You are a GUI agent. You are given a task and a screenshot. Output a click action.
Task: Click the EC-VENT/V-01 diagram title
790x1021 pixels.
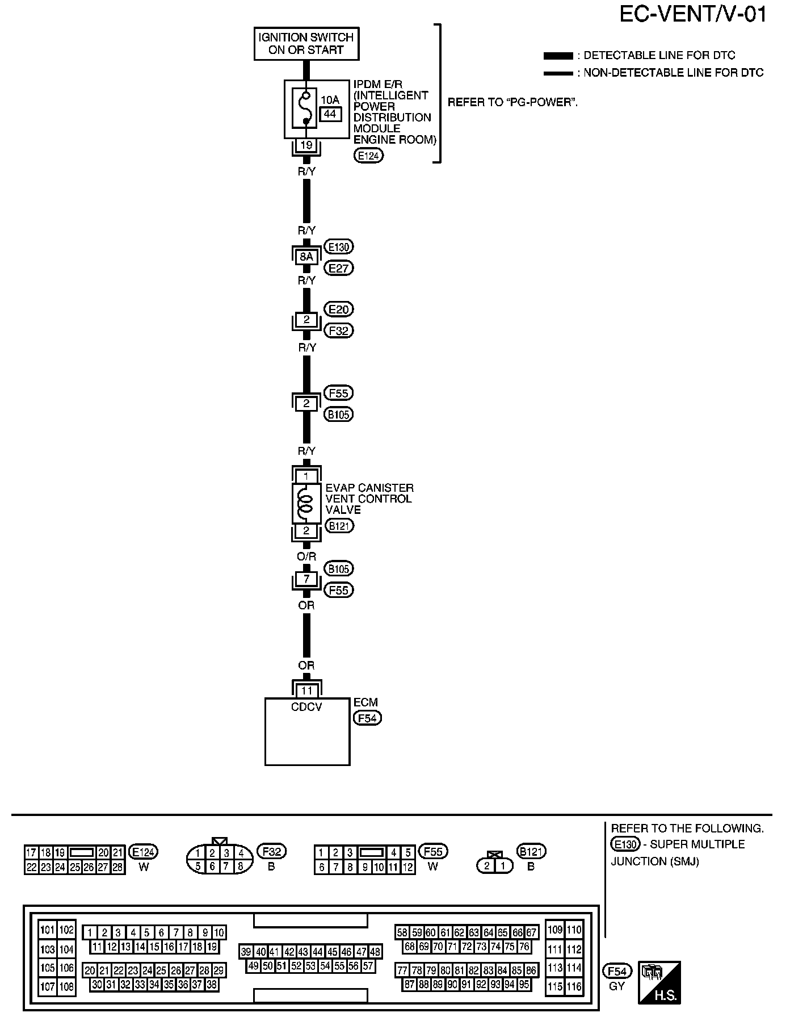[692, 14]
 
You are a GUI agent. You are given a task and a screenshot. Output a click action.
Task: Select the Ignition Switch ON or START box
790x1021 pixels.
[306, 44]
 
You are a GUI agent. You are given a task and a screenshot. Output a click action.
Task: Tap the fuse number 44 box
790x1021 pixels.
[330, 114]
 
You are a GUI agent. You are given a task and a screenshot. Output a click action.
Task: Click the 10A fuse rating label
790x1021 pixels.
[330, 101]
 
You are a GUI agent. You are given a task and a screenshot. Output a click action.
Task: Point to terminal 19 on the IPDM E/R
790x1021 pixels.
[306, 145]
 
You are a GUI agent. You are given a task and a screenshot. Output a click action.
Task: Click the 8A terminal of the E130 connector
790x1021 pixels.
[306, 257]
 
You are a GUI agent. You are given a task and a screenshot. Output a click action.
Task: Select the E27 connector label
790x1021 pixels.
[338, 268]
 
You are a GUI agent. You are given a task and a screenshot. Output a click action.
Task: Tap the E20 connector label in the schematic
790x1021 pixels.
[338, 309]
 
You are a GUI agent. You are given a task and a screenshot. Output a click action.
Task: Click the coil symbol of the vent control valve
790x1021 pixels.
[306, 503]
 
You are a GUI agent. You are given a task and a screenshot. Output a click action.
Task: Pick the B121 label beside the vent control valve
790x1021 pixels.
[339, 526]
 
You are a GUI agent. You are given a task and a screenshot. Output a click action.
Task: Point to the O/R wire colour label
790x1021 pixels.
[306, 557]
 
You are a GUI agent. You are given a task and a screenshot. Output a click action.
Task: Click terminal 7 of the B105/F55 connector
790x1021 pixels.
[306, 579]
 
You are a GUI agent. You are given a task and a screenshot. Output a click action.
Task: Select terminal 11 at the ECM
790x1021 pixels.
[306, 691]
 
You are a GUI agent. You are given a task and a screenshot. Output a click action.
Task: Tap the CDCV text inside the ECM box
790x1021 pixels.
[306, 707]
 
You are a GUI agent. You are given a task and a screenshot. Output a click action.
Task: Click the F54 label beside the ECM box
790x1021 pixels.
[367, 718]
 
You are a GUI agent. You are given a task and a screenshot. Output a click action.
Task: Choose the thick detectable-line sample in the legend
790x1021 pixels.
[558, 56]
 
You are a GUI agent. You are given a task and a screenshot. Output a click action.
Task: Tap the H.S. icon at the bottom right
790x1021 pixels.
[659, 983]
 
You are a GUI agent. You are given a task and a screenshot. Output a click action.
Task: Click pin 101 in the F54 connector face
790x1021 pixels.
[48, 930]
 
